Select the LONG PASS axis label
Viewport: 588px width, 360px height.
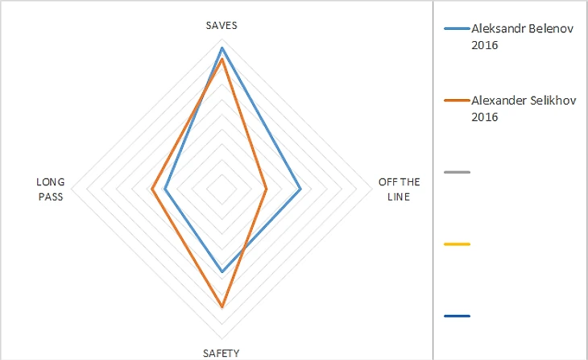(50, 189)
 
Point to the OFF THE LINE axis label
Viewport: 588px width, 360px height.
(399, 189)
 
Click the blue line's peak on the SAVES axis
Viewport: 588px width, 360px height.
(222, 48)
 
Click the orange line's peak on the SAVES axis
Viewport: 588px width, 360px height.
(222, 59)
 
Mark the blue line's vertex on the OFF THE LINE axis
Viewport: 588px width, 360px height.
(300, 190)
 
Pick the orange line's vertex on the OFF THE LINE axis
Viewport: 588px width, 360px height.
(267, 190)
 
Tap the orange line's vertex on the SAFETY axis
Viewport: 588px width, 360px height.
(222, 307)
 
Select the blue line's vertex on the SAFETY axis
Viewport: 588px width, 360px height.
(222, 272)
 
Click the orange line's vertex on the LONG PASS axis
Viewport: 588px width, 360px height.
(151, 190)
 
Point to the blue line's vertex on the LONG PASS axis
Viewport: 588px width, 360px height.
(164, 190)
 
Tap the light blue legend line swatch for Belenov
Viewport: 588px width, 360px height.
(457, 29)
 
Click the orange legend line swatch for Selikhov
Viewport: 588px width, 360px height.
(457, 101)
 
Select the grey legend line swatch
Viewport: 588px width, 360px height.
(457, 172)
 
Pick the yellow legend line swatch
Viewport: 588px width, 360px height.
(457, 244)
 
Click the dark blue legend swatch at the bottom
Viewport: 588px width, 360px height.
(457, 316)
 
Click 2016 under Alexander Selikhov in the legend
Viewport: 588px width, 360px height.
(485, 117)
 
